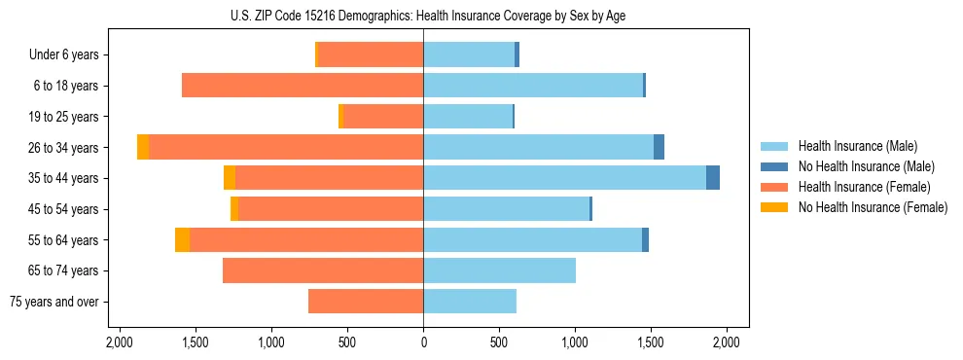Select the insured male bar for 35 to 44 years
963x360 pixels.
pyautogui.click(x=564, y=178)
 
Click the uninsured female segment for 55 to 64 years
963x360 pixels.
pyautogui.click(x=182, y=239)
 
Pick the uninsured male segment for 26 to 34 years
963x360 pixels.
pyautogui.click(x=659, y=147)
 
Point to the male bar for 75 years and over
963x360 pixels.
pyautogui.click(x=470, y=302)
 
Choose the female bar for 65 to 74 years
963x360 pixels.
pyautogui.click(x=323, y=270)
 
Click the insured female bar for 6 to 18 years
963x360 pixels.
pyautogui.click(x=303, y=86)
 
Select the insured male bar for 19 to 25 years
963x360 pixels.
pyautogui.click(x=468, y=117)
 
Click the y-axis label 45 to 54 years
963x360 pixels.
pyautogui.click(x=65, y=209)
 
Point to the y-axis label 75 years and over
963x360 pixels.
pyautogui.click(x=53, y=302)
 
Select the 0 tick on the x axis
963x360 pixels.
pyautogui.click(x=423, y=342)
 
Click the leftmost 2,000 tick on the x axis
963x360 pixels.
pyautogui.click(x=120, y=342)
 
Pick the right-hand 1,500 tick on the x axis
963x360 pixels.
pyautogui.click(x=651, y=342)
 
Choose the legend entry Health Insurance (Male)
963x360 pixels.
pyautogui.click(x=857, y=146)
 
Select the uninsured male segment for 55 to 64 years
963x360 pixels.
pyautogui.click(x=645, y=239)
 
